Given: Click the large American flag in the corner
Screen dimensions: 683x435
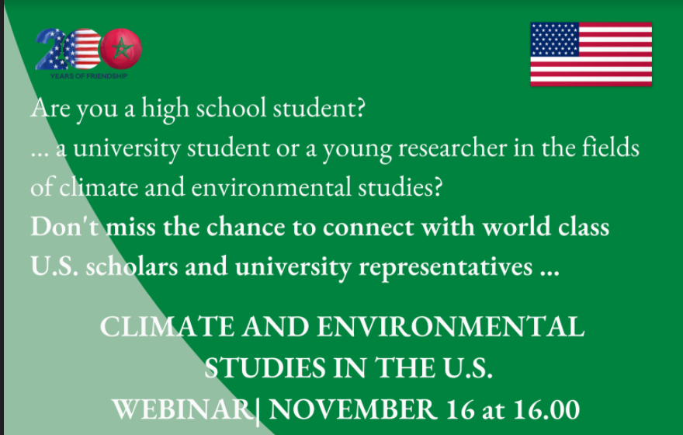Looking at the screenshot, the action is tap(591, 54).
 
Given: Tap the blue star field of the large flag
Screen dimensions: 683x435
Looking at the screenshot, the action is tap(555, 40).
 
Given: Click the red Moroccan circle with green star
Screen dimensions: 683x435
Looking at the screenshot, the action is tap(121, 49).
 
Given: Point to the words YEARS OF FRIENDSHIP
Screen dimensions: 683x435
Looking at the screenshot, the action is tap(88, 76).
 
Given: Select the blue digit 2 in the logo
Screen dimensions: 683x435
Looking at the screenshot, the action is tap(49, 49).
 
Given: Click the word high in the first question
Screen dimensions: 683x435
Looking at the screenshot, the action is tap(165, 109).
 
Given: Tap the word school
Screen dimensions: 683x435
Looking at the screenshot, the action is tap(231, 107).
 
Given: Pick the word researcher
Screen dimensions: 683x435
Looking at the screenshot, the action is tap(452, 148).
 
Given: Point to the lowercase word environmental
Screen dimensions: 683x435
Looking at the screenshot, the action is tap(271, 187).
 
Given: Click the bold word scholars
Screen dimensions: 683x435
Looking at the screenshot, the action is tap(132, 266).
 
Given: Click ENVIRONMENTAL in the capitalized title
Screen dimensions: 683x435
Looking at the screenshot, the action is tap(450, 327).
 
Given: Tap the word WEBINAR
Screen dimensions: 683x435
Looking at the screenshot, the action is tap(182, 409).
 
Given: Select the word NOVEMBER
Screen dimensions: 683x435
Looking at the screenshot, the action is tap(353, 409).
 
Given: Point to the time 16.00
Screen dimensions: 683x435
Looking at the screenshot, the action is tap(546, 409).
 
